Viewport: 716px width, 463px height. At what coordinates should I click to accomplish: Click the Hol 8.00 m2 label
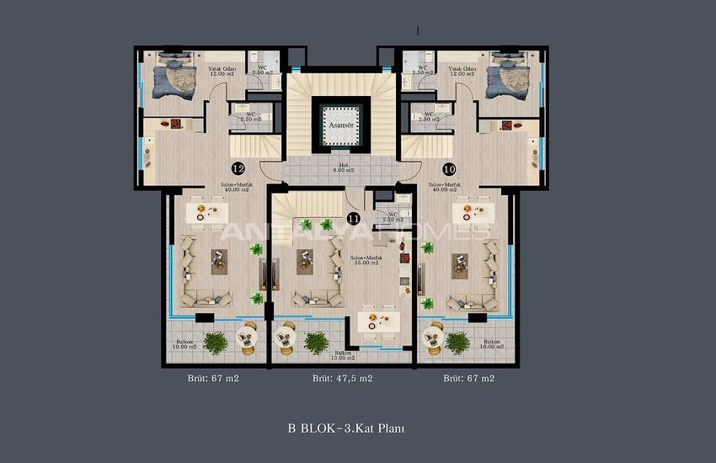click(341, 168)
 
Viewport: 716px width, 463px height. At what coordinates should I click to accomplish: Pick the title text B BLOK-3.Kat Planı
click(346, 428)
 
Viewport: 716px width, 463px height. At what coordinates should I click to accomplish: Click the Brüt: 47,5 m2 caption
click(343, 379)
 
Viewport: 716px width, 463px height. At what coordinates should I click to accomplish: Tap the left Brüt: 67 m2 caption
click(213, 379)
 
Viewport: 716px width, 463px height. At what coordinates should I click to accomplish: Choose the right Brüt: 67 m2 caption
click(470, 379)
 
